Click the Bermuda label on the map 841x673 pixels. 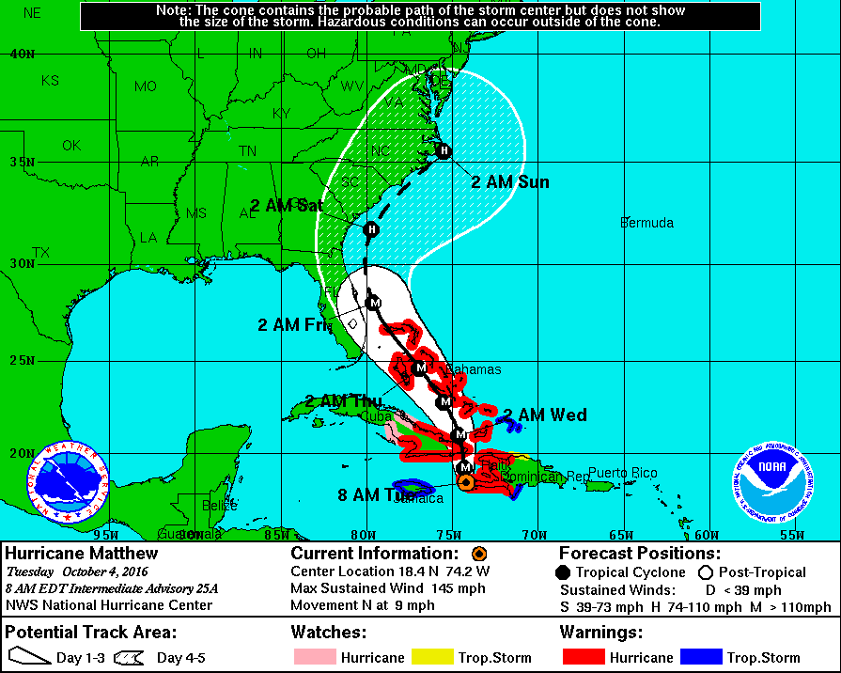coord(646,223)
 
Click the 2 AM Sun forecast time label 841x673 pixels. coord(509,181)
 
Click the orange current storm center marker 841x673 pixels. coord(465,481)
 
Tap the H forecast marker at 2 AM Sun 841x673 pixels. coord(444,150)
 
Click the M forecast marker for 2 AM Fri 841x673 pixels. coord(374,303)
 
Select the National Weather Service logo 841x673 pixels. coord(68,482)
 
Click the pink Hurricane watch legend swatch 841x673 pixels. coord(314,657)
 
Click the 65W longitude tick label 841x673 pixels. coord(618,535)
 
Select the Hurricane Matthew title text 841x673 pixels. coord(82,554)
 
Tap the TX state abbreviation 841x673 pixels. coord(40,253)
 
